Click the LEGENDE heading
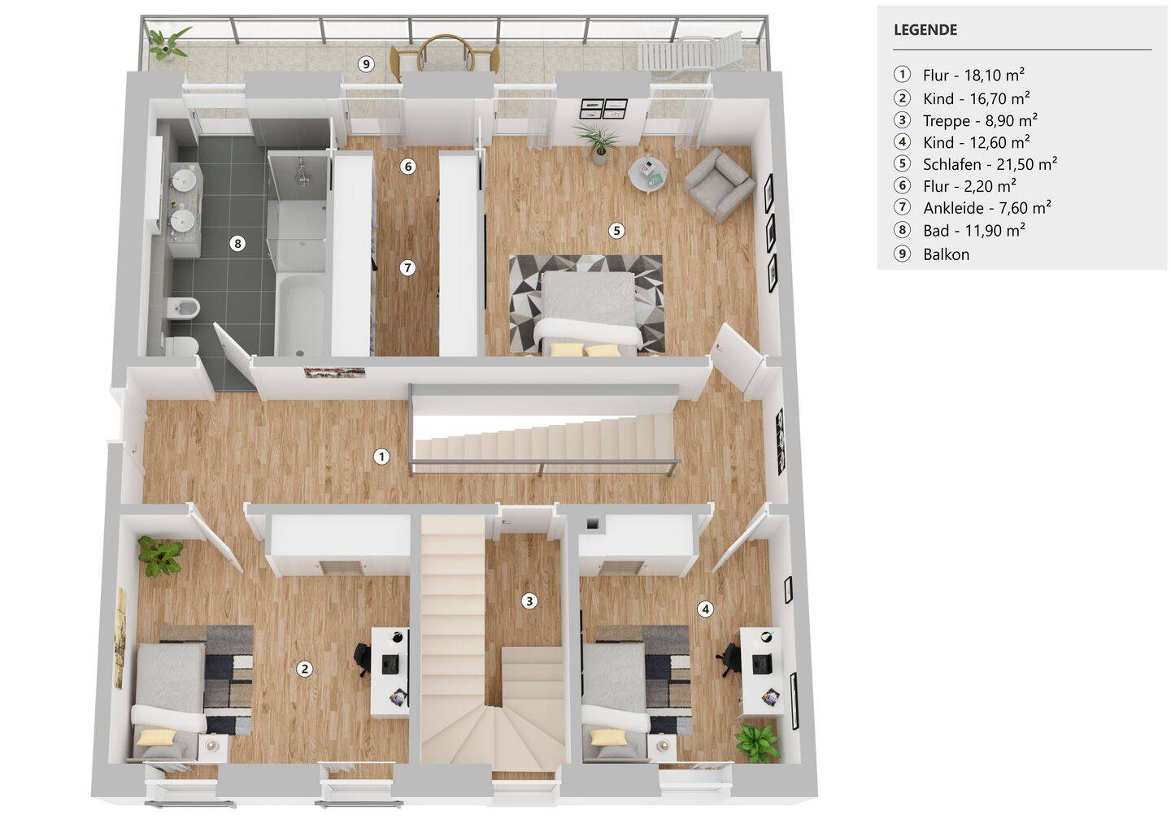point(925,30)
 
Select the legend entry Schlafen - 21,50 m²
point(989,164)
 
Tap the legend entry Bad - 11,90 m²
point(973,231)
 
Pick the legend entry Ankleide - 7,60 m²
point(986,208)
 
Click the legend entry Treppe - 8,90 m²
point(980,121)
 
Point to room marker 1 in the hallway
point(381,457)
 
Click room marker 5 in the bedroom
point(616,231)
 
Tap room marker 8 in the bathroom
point(237,243)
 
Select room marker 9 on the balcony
point(367,64)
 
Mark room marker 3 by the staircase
point(529,601)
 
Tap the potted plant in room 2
point(159,557)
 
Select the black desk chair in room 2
point(363,658)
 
